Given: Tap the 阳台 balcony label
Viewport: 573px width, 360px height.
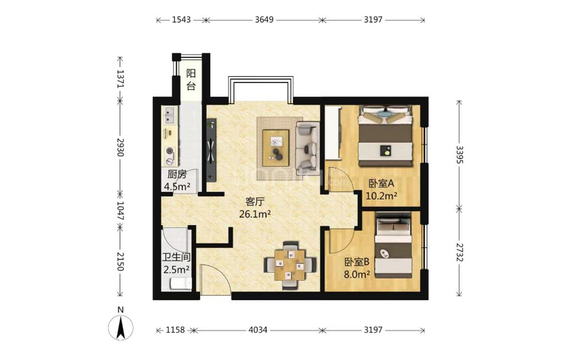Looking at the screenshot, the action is [x=191, y=79].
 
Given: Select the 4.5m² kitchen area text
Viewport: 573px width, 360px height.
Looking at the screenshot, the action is [x=177, y=187].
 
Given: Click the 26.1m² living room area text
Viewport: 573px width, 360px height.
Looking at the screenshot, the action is [x=255, y=214].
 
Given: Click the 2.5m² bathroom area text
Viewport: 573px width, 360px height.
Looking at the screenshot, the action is [x=176, y=270].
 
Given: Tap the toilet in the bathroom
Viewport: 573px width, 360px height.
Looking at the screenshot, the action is [x=180, y=284].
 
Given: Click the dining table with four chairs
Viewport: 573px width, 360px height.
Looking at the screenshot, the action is [x=290, y=265].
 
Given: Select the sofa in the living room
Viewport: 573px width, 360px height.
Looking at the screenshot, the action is [x=307, y=148].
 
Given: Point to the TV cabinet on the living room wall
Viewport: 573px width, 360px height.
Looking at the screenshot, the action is [x=211, y=150].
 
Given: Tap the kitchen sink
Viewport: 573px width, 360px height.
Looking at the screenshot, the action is [x=169, y=115].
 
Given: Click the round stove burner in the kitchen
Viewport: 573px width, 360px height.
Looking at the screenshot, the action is [x=170, y=151].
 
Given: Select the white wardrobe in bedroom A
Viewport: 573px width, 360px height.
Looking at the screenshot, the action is [x=332, y=133].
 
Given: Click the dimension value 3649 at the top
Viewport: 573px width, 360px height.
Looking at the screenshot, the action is [x=264, y=20].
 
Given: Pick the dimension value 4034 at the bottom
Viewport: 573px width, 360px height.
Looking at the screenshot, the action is [x=257, y=330].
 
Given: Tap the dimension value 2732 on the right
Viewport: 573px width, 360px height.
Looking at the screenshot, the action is [x=460, y=252].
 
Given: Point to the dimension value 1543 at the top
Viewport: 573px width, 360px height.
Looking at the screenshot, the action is [x=181, y=20].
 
